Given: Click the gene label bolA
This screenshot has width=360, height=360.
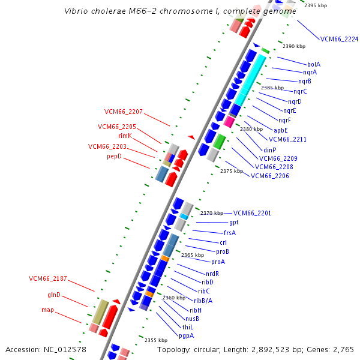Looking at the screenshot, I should pyautogui.click(x=313, y=64).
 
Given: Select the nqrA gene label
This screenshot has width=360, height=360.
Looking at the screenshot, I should pyautogui.click(x=310, y=73).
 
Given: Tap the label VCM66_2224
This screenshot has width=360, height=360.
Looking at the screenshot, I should pyautogui.click(x=339, y=39).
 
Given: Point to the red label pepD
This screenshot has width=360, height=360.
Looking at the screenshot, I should pyautogui.click(x=114, y=156).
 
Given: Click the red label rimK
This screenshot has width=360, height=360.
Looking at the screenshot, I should pyautogui.click(x=125, y=136).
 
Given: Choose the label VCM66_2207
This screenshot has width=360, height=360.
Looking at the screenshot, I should pyautogui.click(x=124, y=112).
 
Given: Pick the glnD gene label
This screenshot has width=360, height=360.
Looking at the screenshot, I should pyautogui.click(x=54, y=295).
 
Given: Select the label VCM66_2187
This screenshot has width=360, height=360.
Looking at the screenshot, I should pyautogui.click(x=48, y=278).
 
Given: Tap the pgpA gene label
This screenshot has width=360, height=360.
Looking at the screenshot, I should pyautogui.click(x=186, y=335).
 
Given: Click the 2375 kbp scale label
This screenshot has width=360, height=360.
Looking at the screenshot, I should pyautogui.click(x=232, y=171).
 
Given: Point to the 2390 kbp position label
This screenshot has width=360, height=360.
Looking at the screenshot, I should pyautogui.click(x=294, y=46).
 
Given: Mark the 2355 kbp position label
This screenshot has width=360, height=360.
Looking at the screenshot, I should pyautogui.click(x=156, y=340).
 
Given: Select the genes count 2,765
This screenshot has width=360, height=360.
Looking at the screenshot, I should pyautogui.click(x=341, y=349).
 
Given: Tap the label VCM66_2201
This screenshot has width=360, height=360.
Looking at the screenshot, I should pyautogui.click(x=252, y=213).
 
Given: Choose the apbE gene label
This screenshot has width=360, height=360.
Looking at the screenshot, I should pyautogui.click(x=281, y=130).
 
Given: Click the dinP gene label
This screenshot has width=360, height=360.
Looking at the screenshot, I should pyautogui.click(x=269, y=150).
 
